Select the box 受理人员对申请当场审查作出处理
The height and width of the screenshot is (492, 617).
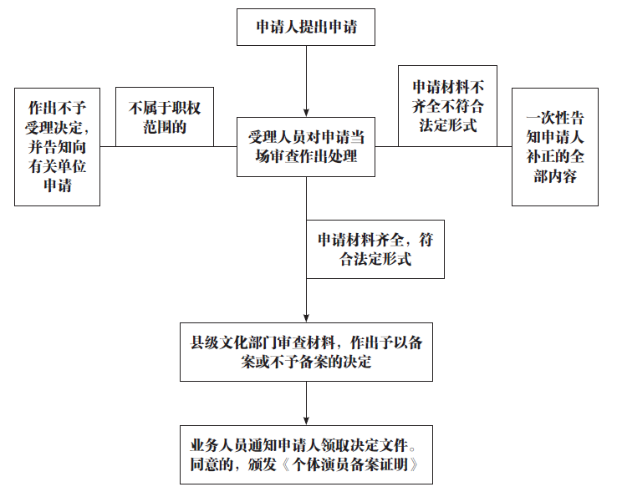tap(306, 146)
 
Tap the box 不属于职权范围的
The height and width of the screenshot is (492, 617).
tap(164, 117)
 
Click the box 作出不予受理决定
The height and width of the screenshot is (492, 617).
tap(58, 146)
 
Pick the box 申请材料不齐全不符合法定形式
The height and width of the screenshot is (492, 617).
tap(446, 106)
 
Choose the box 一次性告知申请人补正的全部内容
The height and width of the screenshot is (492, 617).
tap(554, 146)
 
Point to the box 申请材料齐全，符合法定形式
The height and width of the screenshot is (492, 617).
tap(375, 249)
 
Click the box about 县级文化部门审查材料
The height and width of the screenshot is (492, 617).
tap(306, 352)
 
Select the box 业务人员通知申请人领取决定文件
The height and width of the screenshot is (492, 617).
tap(306, 454)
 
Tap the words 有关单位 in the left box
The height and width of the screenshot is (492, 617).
tap(57, 165)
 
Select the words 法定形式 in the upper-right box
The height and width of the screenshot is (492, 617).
tap(446, 126)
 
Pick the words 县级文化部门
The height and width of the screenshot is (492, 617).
tap(232, 342)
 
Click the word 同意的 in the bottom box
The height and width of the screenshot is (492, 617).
tap(214, 464)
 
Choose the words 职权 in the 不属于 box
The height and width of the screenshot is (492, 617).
tap(187, 108)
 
